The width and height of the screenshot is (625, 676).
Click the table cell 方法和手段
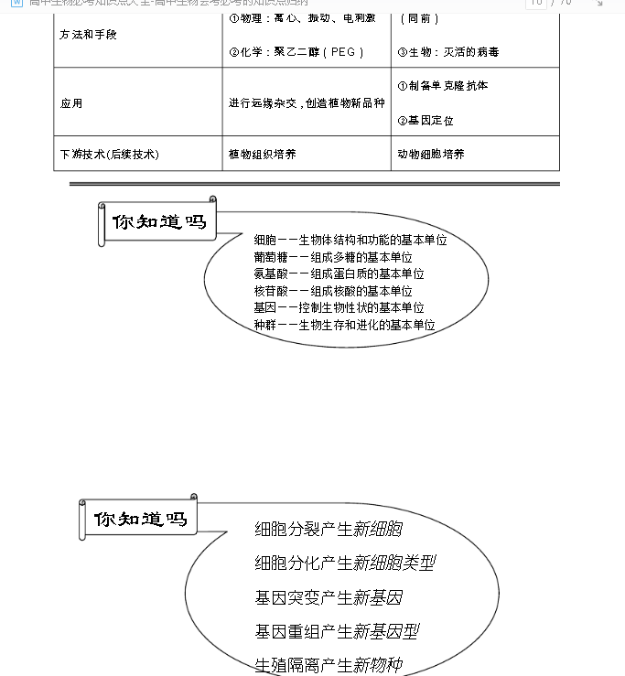(89, 35)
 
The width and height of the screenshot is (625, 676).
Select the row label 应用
(71, 103)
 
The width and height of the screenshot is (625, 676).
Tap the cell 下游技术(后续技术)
(115, 155)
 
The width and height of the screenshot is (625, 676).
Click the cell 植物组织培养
(262, 155)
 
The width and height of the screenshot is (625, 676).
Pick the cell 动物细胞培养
(431, 155)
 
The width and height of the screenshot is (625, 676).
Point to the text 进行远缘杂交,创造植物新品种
(307, 103)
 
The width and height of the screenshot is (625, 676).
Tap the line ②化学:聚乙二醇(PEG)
(296, 52)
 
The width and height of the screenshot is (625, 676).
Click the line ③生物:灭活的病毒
(448, 52)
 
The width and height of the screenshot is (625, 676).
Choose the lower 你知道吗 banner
(141, 519)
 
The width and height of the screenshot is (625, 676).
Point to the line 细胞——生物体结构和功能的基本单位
(350, 240)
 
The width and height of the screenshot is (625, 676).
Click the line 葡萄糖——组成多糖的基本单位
(333, 257)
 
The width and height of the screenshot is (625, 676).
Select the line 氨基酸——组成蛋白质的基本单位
(339, 274)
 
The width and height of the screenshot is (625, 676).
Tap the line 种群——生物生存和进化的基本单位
(344, 325)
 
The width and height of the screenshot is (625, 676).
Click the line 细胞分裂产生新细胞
(329, 529)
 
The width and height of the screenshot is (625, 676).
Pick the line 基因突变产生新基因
(329, 597)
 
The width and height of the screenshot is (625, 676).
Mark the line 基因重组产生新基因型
(337, 631)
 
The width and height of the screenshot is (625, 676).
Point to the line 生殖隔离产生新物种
(329, 665)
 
